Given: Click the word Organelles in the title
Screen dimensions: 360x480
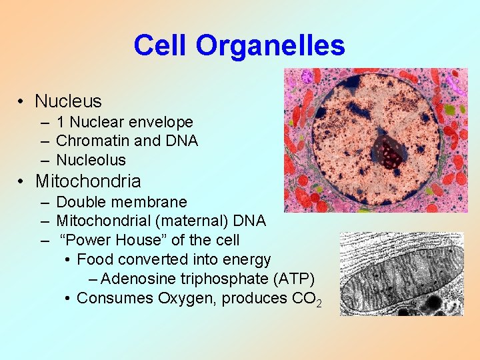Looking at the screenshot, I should click(270, 46).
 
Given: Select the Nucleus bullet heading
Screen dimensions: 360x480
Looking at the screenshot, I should click(68, 101).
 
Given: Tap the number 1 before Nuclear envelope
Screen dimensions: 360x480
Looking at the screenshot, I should click(61, 123).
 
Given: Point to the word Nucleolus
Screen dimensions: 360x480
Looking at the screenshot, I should click(91, 161).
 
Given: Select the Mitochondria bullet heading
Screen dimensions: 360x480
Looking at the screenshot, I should click(88, 181).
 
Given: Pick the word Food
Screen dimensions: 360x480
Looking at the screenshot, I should click(95, 259).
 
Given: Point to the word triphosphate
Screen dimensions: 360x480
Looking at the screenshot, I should click(219, 279).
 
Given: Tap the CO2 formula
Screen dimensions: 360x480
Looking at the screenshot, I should click(307, 299).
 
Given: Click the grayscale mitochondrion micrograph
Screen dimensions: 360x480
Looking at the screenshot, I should click(401, 273).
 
